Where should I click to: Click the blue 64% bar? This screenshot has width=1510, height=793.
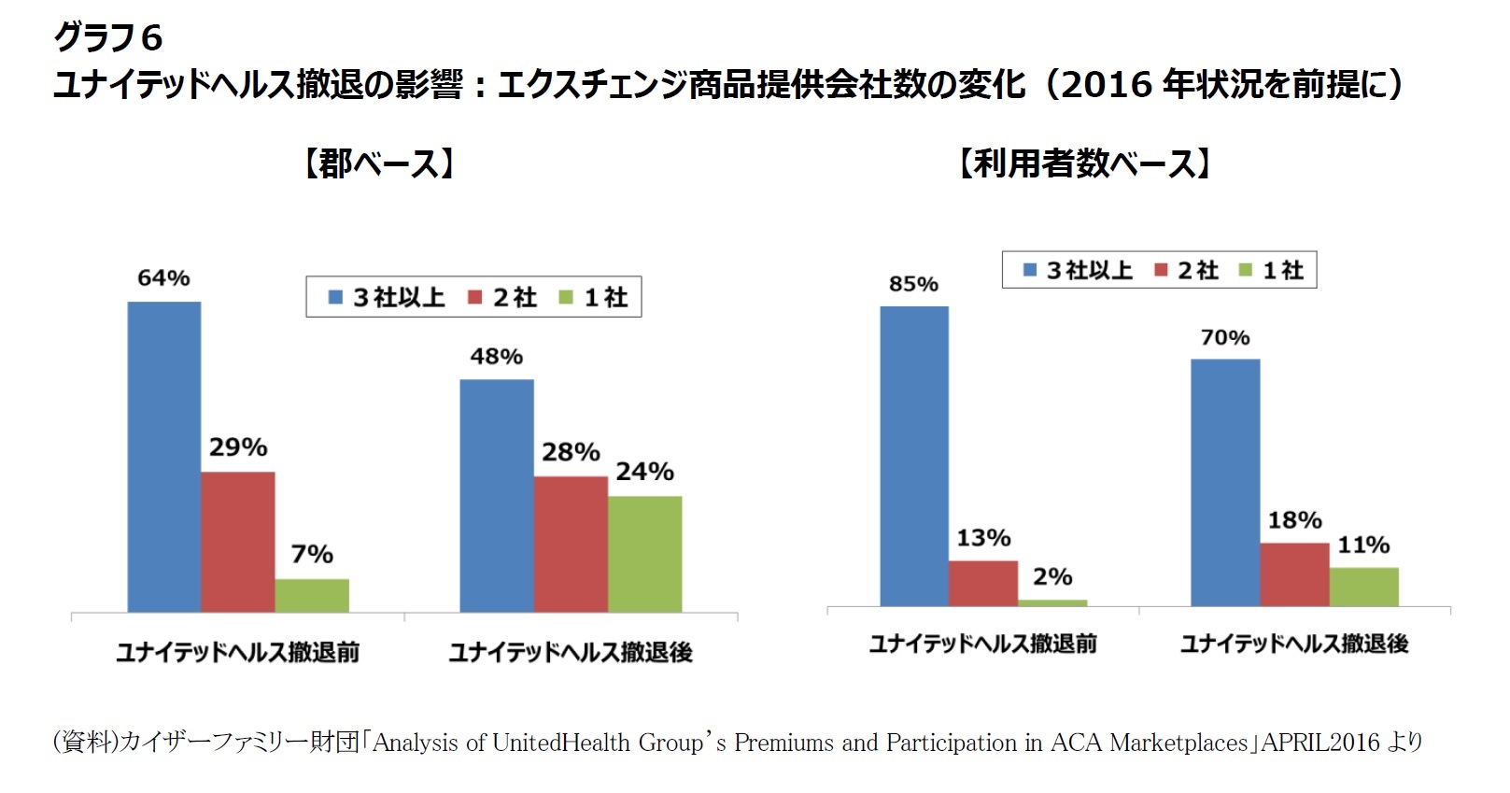164,457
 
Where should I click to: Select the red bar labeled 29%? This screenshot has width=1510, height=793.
237,542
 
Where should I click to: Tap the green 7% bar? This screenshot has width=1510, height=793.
311,595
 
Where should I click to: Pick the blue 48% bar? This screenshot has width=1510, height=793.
496,495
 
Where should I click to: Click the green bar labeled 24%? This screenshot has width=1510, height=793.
644,554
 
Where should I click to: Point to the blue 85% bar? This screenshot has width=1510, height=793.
913,456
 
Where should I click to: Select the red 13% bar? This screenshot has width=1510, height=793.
982,583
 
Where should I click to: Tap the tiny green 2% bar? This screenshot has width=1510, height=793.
1052,603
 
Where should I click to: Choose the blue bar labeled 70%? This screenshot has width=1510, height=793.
1224,482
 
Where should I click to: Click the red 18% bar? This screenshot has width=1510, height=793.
1293,574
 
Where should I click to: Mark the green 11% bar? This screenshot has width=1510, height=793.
1363,587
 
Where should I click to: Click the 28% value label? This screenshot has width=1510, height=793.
571,452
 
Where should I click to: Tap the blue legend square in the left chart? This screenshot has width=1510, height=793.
335,297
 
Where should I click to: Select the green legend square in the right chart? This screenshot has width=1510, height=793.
1245,270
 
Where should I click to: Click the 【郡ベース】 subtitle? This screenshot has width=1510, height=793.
379,164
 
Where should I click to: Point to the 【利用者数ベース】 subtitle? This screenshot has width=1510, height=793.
1086,163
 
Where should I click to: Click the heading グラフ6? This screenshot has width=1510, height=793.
107,37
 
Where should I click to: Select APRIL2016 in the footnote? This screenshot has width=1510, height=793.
1319,743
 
